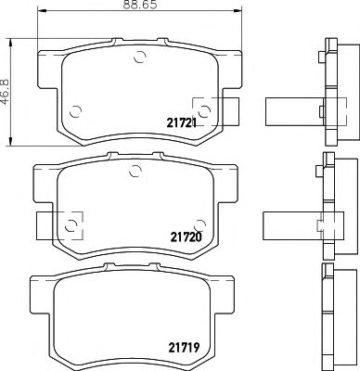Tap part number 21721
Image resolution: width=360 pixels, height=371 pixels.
coord(183,122)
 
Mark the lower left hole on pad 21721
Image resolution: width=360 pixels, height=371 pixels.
coord(76,108)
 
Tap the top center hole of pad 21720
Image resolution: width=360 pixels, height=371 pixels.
coord(135,170)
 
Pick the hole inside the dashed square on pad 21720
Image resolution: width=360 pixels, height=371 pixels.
coord(71,224)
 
